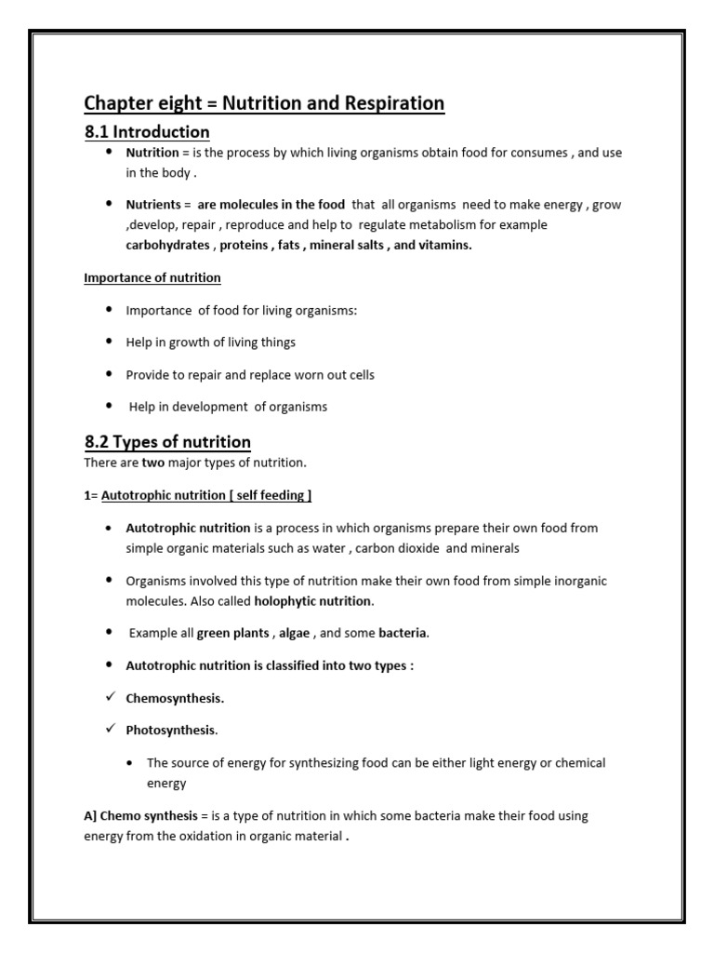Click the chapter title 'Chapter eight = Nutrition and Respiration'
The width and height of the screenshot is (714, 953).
[x=264, y=102]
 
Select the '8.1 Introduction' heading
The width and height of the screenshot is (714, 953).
[x=147, y=131]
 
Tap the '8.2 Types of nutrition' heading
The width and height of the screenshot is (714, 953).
[x=167, y=441]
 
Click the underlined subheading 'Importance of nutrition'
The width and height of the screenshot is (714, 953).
[x=152, y=277]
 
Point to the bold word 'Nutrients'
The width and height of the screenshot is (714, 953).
[x=152, y=204]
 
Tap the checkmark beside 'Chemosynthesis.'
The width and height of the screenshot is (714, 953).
[x=109, y=698]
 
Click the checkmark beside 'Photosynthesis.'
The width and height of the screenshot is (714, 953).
[x=109, y=730]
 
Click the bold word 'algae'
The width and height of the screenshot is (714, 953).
[x=296, y=634]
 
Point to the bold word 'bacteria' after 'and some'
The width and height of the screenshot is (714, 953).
[x=403, y=634]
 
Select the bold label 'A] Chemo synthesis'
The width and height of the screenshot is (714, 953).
[x=140, y=816]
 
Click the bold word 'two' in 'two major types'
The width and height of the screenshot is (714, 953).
[x=152, y=463]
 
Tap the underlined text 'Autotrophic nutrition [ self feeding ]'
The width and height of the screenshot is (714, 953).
[x=204, y=495]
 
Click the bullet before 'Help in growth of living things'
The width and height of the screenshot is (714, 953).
[x=109, y=342]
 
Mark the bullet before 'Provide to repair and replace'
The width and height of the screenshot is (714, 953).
[x=109, y=374]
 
